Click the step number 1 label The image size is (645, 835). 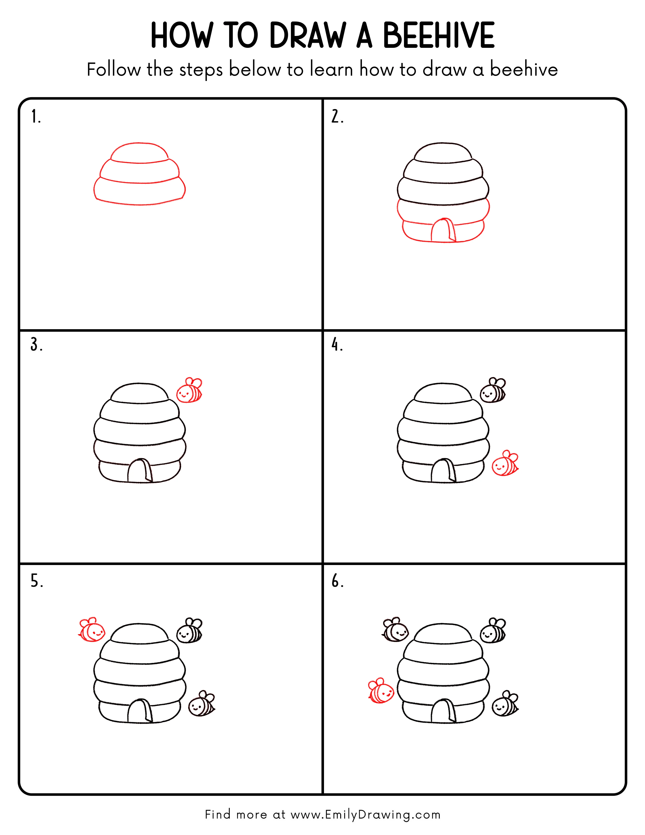[x=35, y=117]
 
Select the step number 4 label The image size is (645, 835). [x=337, y=345]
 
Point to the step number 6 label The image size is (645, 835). [x=337, y=581]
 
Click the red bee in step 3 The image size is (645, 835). [x=189, y=391]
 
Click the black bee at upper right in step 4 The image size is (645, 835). [x=493, y=391]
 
